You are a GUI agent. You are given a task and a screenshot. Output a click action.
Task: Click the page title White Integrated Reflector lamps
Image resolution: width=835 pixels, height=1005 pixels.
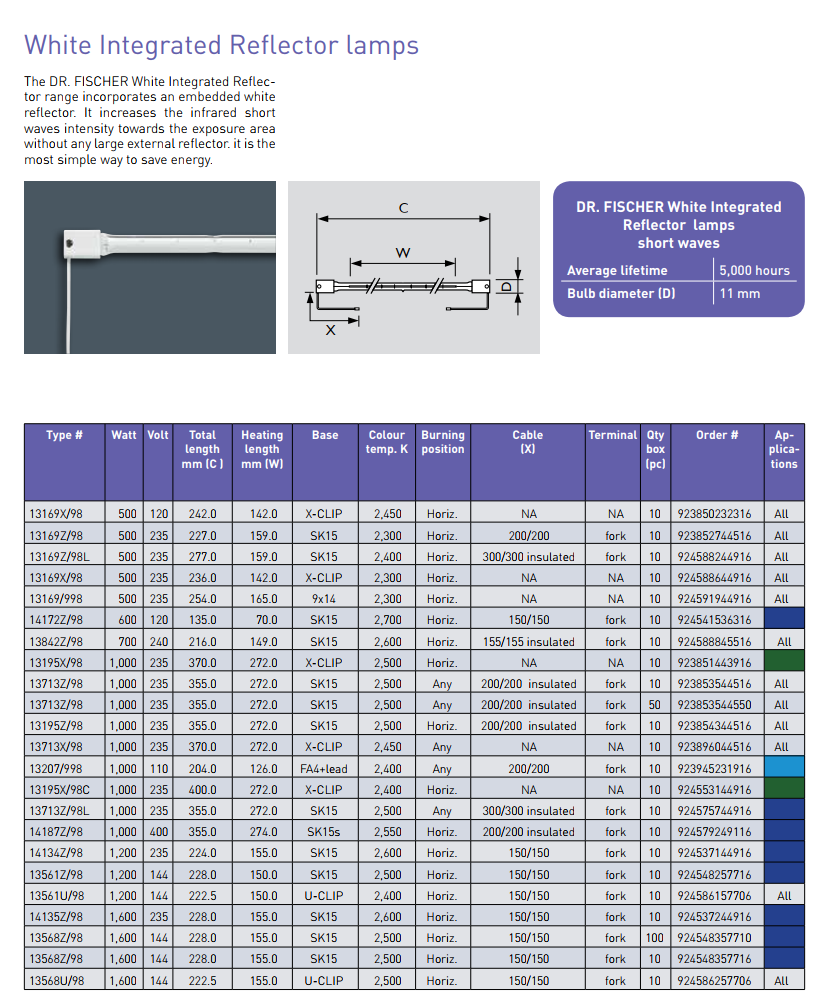(221, 45)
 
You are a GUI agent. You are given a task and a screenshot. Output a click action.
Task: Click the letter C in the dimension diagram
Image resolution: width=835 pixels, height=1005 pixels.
(403, 208)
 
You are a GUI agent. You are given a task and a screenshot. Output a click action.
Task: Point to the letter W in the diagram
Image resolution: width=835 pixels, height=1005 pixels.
(403, 252)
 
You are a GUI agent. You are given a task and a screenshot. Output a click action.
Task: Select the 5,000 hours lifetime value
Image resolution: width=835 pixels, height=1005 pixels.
(754, 270)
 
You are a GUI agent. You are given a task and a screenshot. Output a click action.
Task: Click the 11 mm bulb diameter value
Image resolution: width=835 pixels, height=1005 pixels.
(739, 293)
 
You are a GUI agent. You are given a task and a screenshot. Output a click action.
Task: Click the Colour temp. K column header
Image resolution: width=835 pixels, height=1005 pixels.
(387, 442)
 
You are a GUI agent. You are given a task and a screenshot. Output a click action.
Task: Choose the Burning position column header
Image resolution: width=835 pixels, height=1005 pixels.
(442, 442)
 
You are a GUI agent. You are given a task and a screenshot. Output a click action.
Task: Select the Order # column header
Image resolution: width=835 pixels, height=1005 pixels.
(717, 435)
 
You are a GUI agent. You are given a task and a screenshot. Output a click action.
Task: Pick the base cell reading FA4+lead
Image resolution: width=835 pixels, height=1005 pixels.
(324, 768)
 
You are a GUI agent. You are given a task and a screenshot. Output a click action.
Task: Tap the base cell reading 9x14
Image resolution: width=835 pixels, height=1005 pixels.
(324, 599)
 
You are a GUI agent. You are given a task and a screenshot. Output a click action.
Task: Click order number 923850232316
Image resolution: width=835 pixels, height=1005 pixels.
(714, 514)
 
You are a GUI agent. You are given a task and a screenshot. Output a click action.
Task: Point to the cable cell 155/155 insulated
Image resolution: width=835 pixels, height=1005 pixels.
(528, 642)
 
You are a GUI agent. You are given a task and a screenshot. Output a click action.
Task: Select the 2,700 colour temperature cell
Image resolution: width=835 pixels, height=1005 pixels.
(387, 620)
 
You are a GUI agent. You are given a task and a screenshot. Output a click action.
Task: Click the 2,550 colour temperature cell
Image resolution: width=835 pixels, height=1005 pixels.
(387, 832)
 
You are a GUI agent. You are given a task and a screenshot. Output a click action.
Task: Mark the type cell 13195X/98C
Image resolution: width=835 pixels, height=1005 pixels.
(61, 789)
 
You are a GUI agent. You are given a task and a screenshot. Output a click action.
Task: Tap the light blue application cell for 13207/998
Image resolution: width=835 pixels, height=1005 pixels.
(783, 768)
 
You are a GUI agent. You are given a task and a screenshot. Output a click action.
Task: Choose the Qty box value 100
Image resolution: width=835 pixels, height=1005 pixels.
(654, 938)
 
